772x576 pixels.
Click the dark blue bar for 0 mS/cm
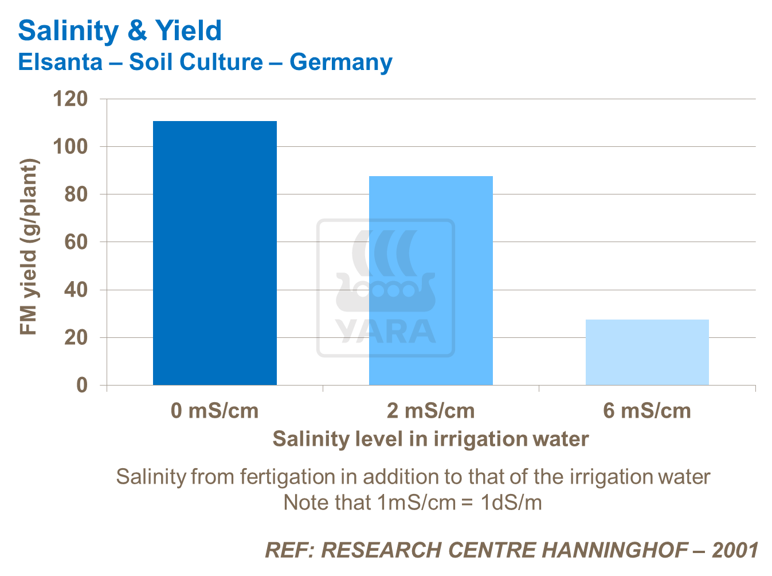coord(214,252)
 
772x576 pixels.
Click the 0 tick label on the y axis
coord(83,385)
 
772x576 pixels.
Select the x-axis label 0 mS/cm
coord(214,411)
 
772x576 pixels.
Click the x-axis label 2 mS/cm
coord(430,411)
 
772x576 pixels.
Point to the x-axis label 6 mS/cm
coord(647,411)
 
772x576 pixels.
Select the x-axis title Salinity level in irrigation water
coord(430,439)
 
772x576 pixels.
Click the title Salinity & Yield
coord(120,31)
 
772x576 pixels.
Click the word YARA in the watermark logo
coord(385,331)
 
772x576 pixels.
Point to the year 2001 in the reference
coord(735,550)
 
